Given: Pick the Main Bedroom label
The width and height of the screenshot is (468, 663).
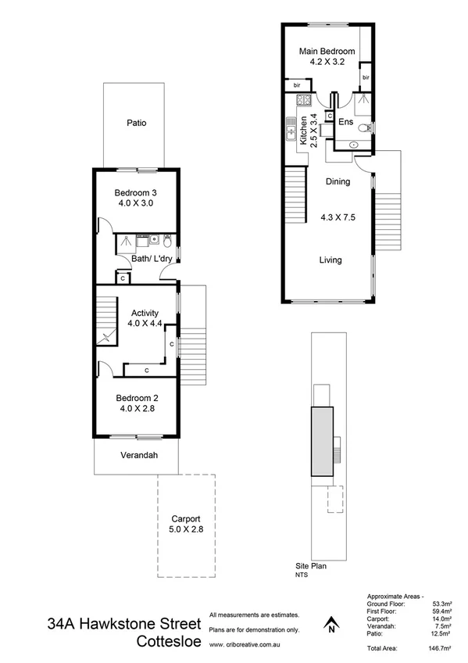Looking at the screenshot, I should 327,52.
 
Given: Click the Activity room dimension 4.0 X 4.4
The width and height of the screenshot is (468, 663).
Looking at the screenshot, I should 145,322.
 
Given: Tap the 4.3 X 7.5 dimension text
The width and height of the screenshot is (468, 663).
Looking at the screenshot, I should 338,218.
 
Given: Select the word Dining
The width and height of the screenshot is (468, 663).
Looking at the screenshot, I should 338,181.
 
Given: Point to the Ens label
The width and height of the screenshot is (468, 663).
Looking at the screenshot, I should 345,123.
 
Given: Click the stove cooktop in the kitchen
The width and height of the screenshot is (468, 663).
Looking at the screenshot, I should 303,100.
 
